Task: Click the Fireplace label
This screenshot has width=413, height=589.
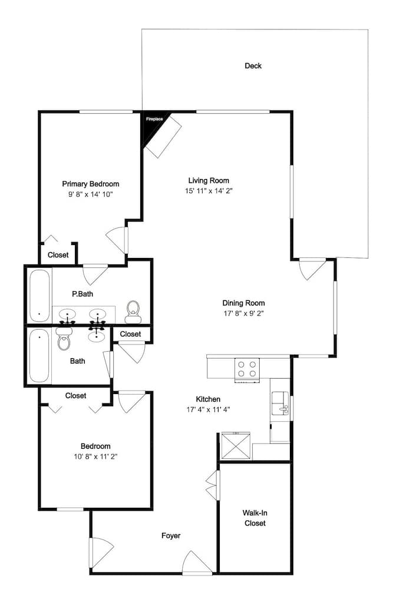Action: pos(154,119)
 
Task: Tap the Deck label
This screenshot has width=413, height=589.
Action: pos(253,66)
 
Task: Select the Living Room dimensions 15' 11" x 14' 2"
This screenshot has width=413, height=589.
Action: pos(209,191)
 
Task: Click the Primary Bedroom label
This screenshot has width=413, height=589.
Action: pos(91,184)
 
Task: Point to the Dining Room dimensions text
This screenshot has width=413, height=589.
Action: pos(243,314)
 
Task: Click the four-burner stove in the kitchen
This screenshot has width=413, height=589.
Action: pos(247,370)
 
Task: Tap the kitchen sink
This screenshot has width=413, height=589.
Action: pos(280,403)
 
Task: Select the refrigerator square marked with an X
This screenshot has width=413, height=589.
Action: pos(236,445)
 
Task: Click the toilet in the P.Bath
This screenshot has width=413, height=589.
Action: pos(133,312)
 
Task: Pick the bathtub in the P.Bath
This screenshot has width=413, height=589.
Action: pos(39,296)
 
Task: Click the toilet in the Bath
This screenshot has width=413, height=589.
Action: pos(64,339)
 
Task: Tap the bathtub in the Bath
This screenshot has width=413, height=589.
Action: pos(39,355)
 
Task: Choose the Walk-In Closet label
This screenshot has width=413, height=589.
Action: pos(255,518)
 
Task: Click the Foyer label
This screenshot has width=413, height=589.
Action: pos(171,535)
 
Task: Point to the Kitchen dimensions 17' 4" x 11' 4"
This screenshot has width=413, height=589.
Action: pos(208,409)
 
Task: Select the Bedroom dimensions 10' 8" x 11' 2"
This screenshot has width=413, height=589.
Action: pos(95,457)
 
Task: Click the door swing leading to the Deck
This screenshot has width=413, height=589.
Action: pos(312,269)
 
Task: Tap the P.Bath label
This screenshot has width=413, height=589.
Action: pos(82,294)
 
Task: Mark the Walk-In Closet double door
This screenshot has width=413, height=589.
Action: pos(212,485)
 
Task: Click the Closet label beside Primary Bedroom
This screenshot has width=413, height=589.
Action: pos(58,255)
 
